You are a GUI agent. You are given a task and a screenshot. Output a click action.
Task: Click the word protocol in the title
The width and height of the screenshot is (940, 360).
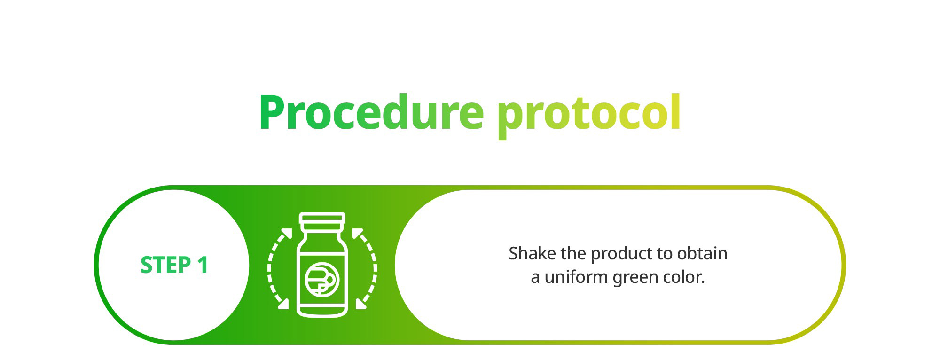589,115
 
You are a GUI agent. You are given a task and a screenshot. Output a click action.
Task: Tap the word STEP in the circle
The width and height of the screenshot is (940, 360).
165,265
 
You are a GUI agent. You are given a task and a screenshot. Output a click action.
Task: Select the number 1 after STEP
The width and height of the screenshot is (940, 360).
203,265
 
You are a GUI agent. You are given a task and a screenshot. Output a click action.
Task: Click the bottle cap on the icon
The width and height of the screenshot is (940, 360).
322,219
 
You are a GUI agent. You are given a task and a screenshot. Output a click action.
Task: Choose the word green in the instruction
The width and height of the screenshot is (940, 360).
636,279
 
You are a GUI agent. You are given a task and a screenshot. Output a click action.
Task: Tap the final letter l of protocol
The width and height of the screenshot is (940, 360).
676,112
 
